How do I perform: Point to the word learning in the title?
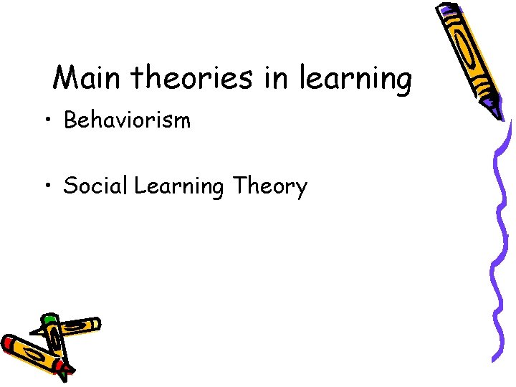[355, 79]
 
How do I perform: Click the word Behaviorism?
[128, 120]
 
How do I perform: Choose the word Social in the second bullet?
[95, 186]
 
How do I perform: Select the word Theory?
[269, 186]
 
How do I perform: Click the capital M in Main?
[67, 77]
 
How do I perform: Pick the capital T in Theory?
[238, 186]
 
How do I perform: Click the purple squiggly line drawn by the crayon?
[502, 251]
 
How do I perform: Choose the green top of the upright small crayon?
[49, 320]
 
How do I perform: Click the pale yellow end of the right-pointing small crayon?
[95, 324]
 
